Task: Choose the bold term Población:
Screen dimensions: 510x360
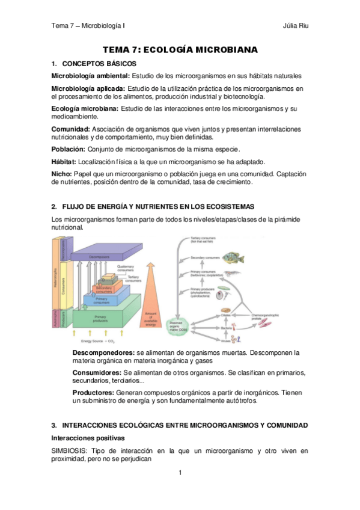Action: point(69,149)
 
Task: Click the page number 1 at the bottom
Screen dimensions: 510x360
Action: point(180,473)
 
